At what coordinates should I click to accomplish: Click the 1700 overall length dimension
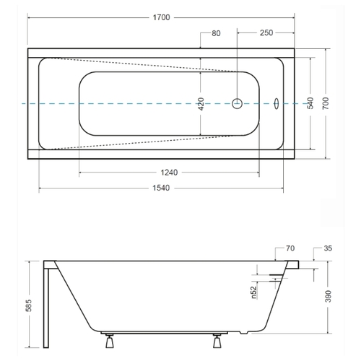[x=161, y=17]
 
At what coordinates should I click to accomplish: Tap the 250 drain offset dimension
[x=266, y=32]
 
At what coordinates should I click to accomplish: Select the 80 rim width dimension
[x=216, y=33]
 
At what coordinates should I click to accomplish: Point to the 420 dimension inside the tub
[x=201, y=104]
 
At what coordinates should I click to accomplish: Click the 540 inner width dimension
[x=310, y=103]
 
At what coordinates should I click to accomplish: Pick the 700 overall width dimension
[x=326, y=103]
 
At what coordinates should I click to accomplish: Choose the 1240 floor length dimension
[x=169, y=173]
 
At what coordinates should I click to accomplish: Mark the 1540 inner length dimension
[x=161, y=188]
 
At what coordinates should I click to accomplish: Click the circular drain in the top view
[x=237, y=103]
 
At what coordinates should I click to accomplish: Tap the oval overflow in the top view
[x=277, y=103]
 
